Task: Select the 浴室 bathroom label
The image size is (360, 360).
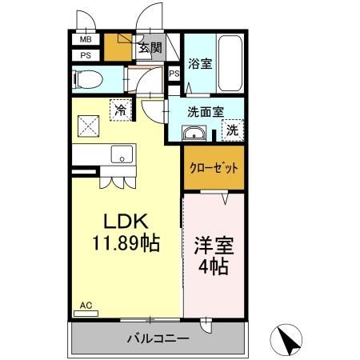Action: tap(199, 64)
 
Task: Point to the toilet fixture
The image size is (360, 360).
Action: tap(90, 78)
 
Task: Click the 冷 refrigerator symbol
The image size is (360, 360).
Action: tap(119, 110)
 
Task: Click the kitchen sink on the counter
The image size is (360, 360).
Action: tap(122, 154)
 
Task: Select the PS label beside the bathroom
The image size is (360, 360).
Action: tap(174, 74)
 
